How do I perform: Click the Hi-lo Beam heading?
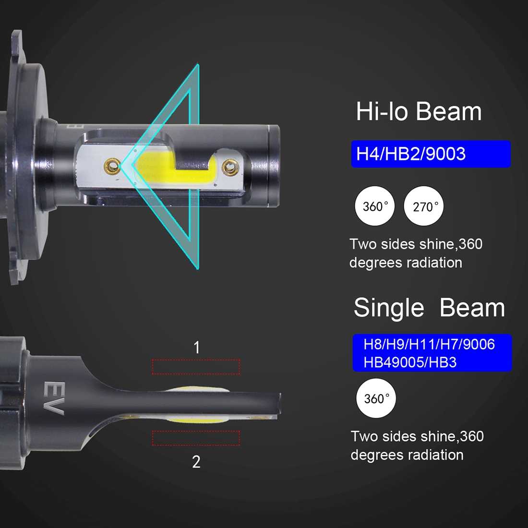[x=419, y=111]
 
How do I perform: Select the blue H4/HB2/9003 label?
[x=431, y=154]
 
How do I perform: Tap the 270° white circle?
[x=424, y=206]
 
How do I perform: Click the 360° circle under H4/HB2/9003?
[x=375, y=206]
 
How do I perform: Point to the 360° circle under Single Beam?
[x=376, y=398]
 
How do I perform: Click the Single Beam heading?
[x=429, y=308]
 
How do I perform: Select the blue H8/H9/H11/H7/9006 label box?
[x=432, y=353]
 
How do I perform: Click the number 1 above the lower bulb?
[x=197, y=347]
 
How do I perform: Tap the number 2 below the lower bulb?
[x=196, y=462]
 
